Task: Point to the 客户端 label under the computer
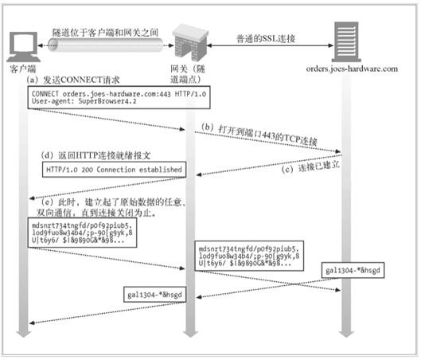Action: [x=24, y=69]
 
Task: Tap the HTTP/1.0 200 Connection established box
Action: [x=113, y=170]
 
